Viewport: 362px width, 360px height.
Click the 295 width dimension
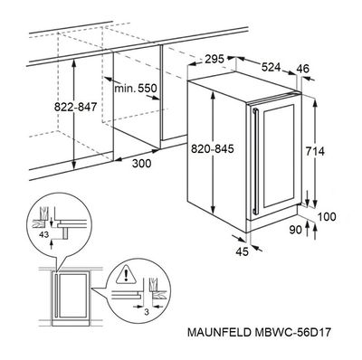pyautogui.click(x=214, y=59)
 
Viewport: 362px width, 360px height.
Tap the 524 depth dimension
pyautogui.click(x=271, y=67)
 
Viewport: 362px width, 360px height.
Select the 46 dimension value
pyautogui.click(x=302, y=69)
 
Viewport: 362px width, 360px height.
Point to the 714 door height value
pyautogui.click(x=315, y=151)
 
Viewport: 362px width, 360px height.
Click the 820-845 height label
pyautogui.click(x=213, y=148)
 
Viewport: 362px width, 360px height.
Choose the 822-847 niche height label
pyautogui.click(x=75, y=107)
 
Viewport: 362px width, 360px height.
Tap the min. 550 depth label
pyautogui.click(x=136, y=89)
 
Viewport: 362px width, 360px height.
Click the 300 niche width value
pyautogui.click(x=142, y=163)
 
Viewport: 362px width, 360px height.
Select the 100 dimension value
pyautogui.click(x=327, y=216)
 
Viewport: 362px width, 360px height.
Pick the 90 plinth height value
pyautogui.click(x=296, y=230)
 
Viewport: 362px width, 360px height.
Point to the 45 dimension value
pyautogui.click(x=242, y=251)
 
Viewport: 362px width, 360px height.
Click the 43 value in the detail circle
pyautogui.click(x=43, y=234)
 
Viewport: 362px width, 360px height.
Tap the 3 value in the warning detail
pyautogui.click(x=147, y=312)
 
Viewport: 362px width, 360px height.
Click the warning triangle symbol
pyautogui.click(x=126, y=275)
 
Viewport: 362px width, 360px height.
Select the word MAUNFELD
pyautogui.click(x=219, y=332)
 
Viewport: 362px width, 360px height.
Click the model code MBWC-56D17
pyautogui.click(x=292, y=332)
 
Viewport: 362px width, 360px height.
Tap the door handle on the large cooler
pyautogui.click(x=256, y=161)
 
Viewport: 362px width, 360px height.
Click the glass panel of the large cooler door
pyautogui.click(x=279, y=156)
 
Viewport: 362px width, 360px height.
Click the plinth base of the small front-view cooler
pyautogui.click(x=71, y=323)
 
